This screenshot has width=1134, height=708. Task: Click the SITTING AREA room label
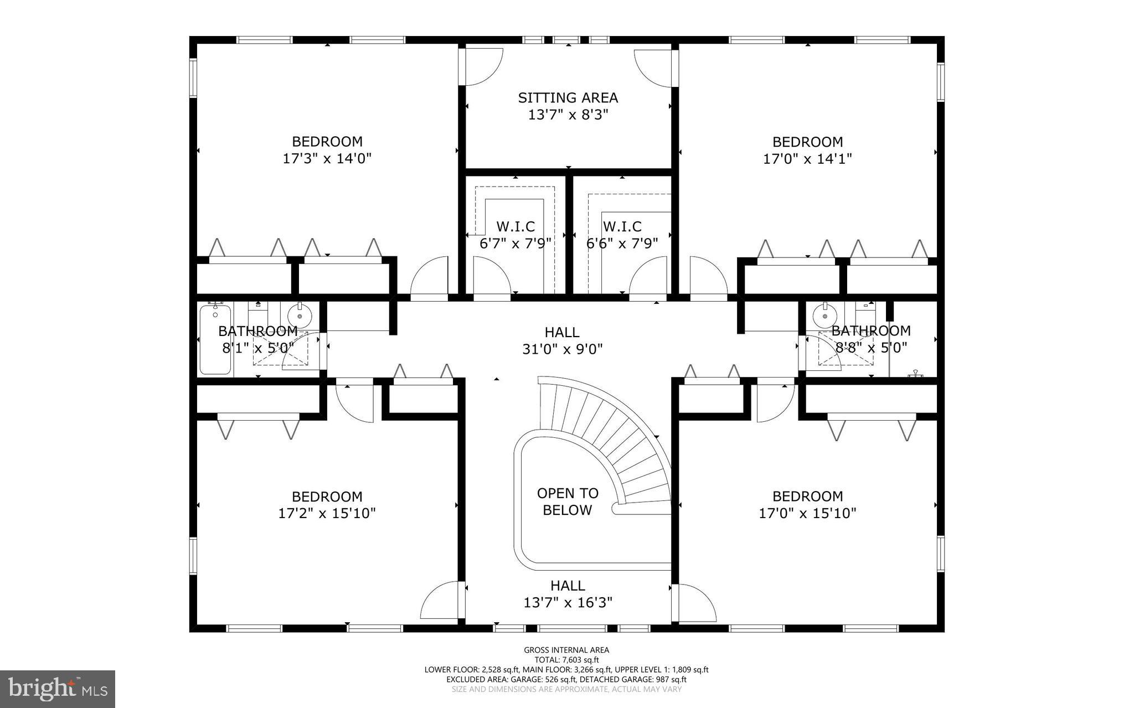pos(568,98)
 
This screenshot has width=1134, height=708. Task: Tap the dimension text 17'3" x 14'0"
pos(327,159)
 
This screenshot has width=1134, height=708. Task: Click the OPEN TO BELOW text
pos(568,502)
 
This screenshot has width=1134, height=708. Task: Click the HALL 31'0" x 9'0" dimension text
pos(562,349)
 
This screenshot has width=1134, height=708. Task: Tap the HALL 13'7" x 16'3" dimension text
pos(568,602)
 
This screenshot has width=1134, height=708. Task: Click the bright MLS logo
pos(58,689)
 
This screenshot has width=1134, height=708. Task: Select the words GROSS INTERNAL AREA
pos(566,650)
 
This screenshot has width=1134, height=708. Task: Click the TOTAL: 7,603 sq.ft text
pos(566,660)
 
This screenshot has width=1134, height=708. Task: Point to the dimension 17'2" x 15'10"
pos(327,514)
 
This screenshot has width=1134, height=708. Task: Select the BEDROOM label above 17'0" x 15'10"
pos(807,497)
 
